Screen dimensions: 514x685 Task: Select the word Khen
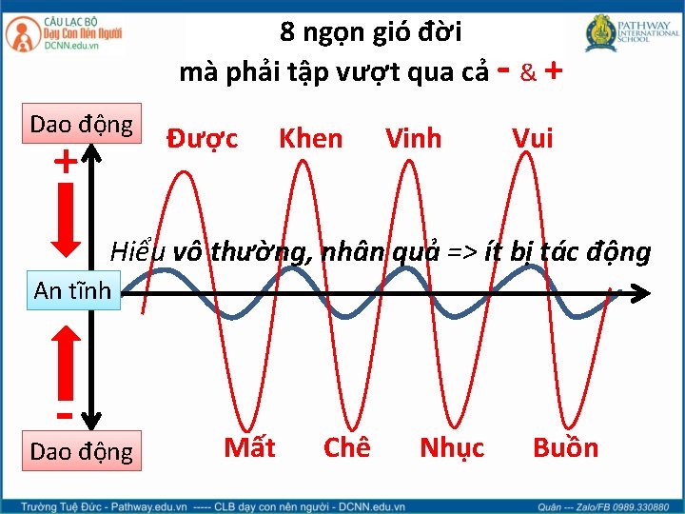[x=310, y=139]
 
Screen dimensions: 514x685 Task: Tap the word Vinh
[x=413, y=139]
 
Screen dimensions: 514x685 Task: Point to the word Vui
[x=532, y=139]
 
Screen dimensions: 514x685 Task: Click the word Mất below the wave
[x=249, y=447]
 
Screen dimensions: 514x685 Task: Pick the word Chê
[x=346, y=447]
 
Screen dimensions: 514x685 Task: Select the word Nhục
[x=452, y=447]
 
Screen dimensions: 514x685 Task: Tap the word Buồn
[x=565, y=447]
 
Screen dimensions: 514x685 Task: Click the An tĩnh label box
[x=72, y=289]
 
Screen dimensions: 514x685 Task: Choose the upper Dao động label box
[x=82, y=125]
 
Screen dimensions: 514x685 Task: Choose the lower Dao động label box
[x=82, y=450]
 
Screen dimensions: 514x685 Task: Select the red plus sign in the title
[x=554, y=71]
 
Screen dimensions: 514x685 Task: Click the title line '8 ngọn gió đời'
[x=371, y=33]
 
